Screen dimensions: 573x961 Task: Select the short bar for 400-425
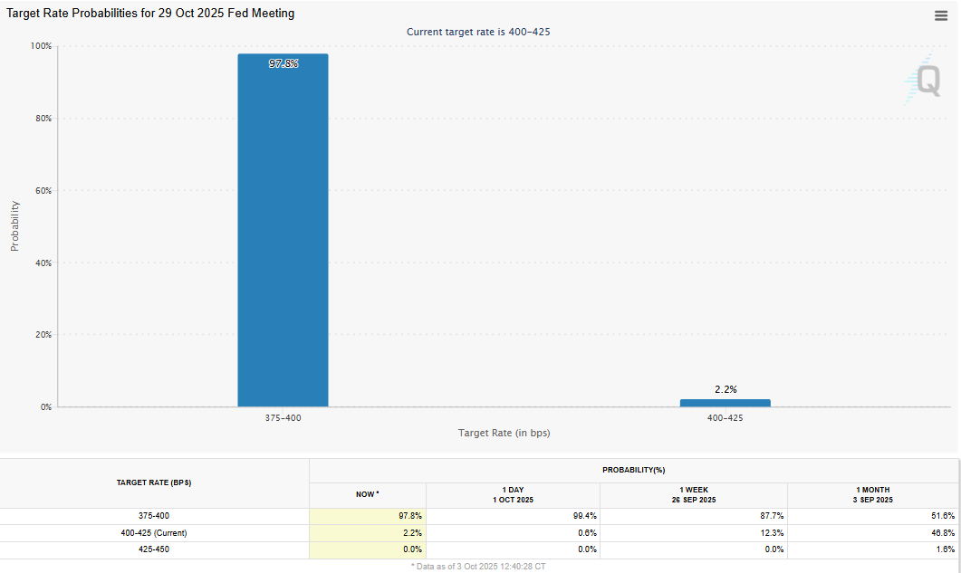pos(725,403)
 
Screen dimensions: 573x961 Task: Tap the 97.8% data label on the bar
pos(283,64)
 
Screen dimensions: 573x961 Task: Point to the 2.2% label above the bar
pos(726,389)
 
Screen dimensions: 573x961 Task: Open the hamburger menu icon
pos(941,15)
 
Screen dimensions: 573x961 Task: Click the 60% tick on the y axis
pos(43,191)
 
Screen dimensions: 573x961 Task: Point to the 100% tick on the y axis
pos(41,46)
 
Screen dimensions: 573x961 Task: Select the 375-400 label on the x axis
pos(283,418)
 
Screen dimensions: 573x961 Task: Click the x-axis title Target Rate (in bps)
pos(504,433)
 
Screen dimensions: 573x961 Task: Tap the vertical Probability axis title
pos(14,225)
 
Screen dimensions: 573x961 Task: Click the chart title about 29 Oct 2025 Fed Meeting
pos(150,14)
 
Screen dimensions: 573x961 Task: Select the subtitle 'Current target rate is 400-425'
pos(478,32)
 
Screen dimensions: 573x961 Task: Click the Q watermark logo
pos(926,80)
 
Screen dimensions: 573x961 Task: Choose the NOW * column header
pos(367,494)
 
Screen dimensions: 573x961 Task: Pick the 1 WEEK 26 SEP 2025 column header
pos(693,494)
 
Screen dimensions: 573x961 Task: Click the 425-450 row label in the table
pos(154,549)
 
